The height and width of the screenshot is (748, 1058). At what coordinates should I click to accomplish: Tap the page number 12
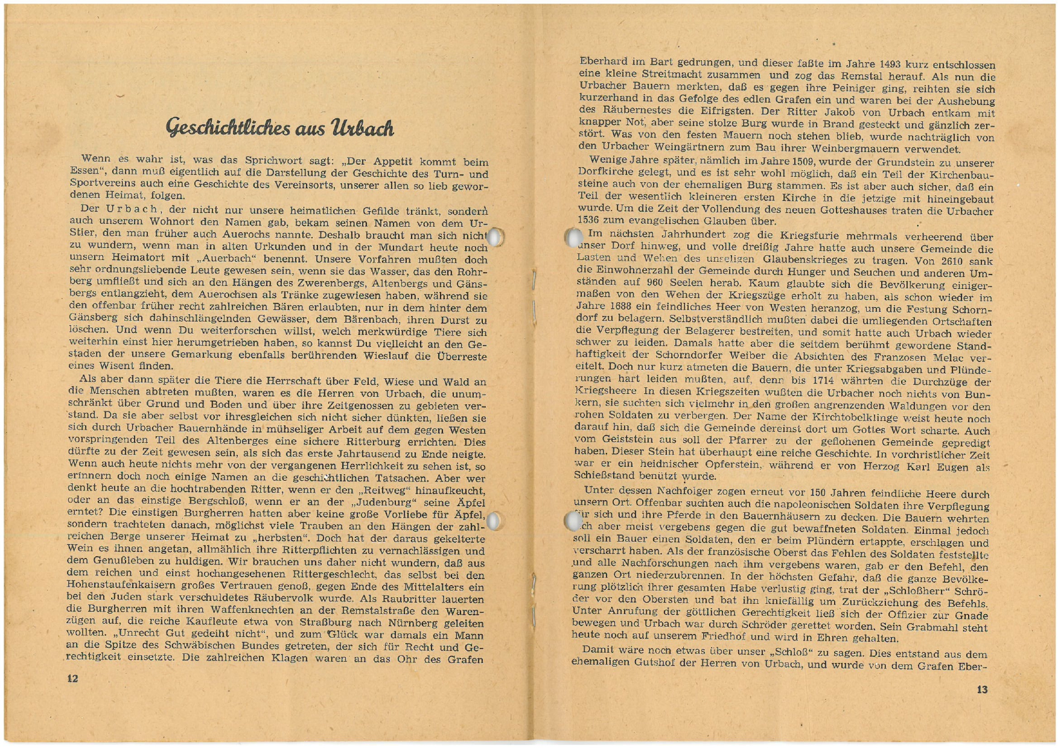point(72,679)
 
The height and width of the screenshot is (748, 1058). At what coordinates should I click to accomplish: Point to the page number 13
point(982,689)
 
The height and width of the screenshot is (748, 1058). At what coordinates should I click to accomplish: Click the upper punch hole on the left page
point(495,237)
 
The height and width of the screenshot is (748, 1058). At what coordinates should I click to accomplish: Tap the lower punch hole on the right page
point(572,520)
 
